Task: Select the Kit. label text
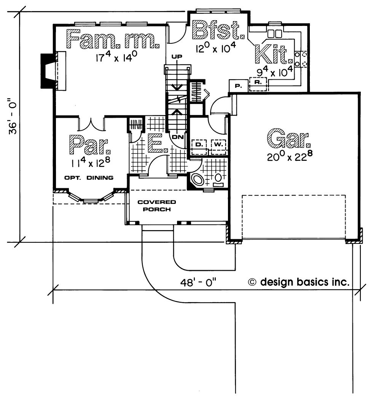point(273,54)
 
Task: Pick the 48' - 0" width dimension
point(198,282)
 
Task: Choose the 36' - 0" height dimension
point(13,116)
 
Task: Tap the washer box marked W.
point(218,147)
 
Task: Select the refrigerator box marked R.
point(258,84)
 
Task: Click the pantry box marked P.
point(238,86)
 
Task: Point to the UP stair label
point(177,56)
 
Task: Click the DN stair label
point(178,137)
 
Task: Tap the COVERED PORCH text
point(157,206)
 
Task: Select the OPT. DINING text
point(89,178)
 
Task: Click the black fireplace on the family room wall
point(48,71)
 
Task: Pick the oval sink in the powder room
point(197,179)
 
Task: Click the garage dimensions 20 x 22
point(290,156)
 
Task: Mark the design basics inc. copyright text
point(299,282)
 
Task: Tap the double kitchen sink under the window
point(274,34)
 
